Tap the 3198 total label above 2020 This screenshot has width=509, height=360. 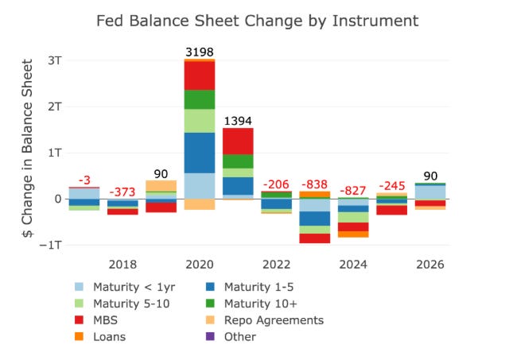click(x=200, y=52)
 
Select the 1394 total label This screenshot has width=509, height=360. click(x=238, y=121)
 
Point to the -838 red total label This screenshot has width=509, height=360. click(x=315, y=184)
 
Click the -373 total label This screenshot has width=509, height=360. click(x=122, y=192)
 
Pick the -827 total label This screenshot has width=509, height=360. click(x=353, y=191)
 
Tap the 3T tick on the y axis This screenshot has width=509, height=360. click(x=55, y=60)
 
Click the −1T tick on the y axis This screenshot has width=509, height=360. click(x=50, y=245)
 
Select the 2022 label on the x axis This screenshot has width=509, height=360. click(x=276, y=265)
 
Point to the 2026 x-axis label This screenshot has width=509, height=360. click(x=430, y=265)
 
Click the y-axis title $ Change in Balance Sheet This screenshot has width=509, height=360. click(x=28, y=149)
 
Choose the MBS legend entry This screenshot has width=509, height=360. click(x=96, y=320)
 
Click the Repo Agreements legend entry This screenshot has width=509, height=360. click(x=265, y=320)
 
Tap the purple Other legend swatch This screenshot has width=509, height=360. click(x=210, y=336)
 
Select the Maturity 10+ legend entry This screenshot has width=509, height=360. click(x=251, y=304)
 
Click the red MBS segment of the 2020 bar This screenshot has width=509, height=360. click(x=200, y=75)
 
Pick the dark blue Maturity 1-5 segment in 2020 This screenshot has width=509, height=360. click(x=200, y=153)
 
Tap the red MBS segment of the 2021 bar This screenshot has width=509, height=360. click(x=238, y=141)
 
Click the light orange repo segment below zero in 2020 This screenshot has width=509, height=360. click(x=200, y=204)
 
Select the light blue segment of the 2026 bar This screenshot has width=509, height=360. click(x=430, y=192)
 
